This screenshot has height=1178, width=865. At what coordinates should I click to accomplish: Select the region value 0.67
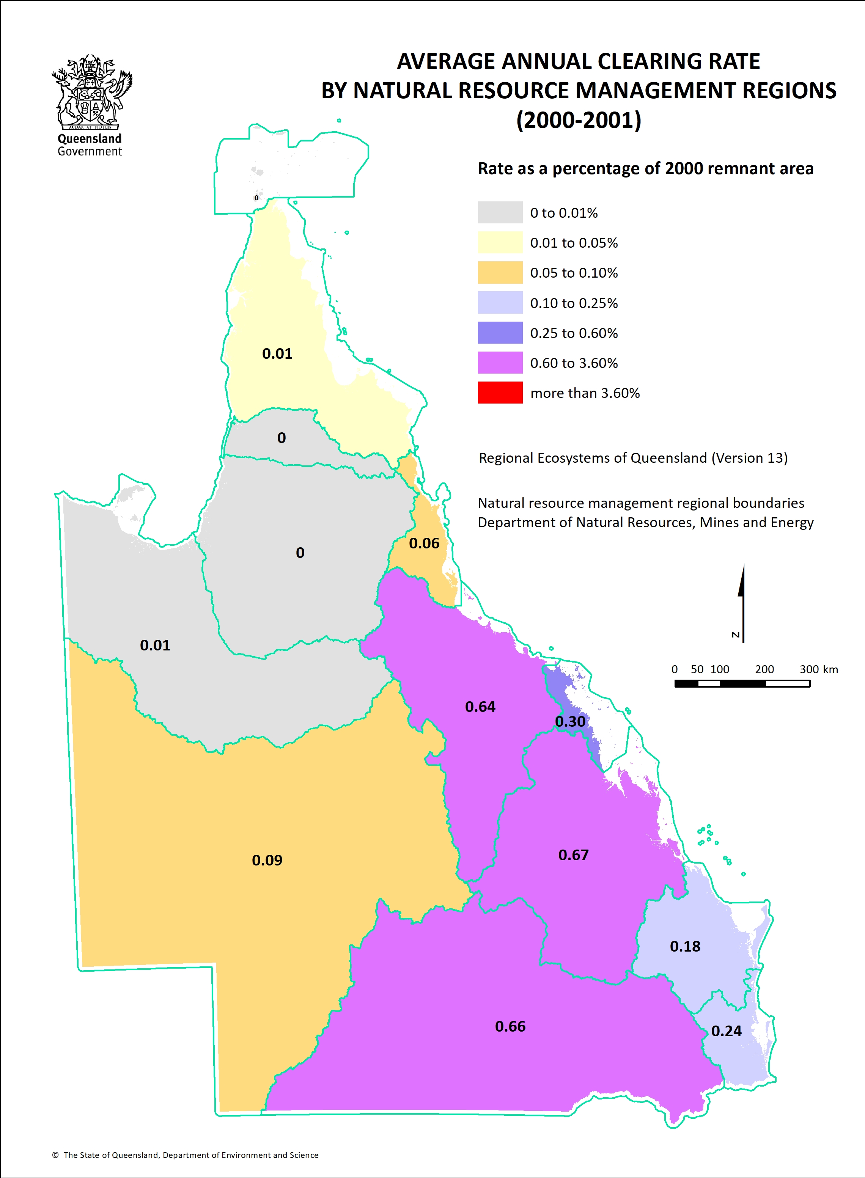573,855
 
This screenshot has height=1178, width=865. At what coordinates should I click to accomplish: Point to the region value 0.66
510,1027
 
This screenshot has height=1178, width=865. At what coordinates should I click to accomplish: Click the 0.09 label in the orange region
267,860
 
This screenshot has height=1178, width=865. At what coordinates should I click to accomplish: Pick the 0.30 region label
570,722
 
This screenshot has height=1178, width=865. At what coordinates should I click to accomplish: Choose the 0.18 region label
685,947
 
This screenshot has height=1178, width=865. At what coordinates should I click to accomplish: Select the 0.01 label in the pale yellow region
277,354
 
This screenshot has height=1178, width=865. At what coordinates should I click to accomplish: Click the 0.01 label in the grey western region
155,645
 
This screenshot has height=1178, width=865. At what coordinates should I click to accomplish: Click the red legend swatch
500,393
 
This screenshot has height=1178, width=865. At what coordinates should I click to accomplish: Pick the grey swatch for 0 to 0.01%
500,212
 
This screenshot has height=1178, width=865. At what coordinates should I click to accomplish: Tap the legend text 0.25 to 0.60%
574,333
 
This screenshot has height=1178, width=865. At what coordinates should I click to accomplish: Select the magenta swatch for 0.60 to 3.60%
500,363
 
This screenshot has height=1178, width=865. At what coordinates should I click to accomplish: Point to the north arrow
742,602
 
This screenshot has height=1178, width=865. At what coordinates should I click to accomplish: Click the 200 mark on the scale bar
764,669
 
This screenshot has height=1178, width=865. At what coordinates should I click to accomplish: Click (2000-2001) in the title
579,120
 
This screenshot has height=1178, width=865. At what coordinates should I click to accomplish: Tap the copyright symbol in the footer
55,1155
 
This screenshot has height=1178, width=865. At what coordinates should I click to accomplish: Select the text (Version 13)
749,458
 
